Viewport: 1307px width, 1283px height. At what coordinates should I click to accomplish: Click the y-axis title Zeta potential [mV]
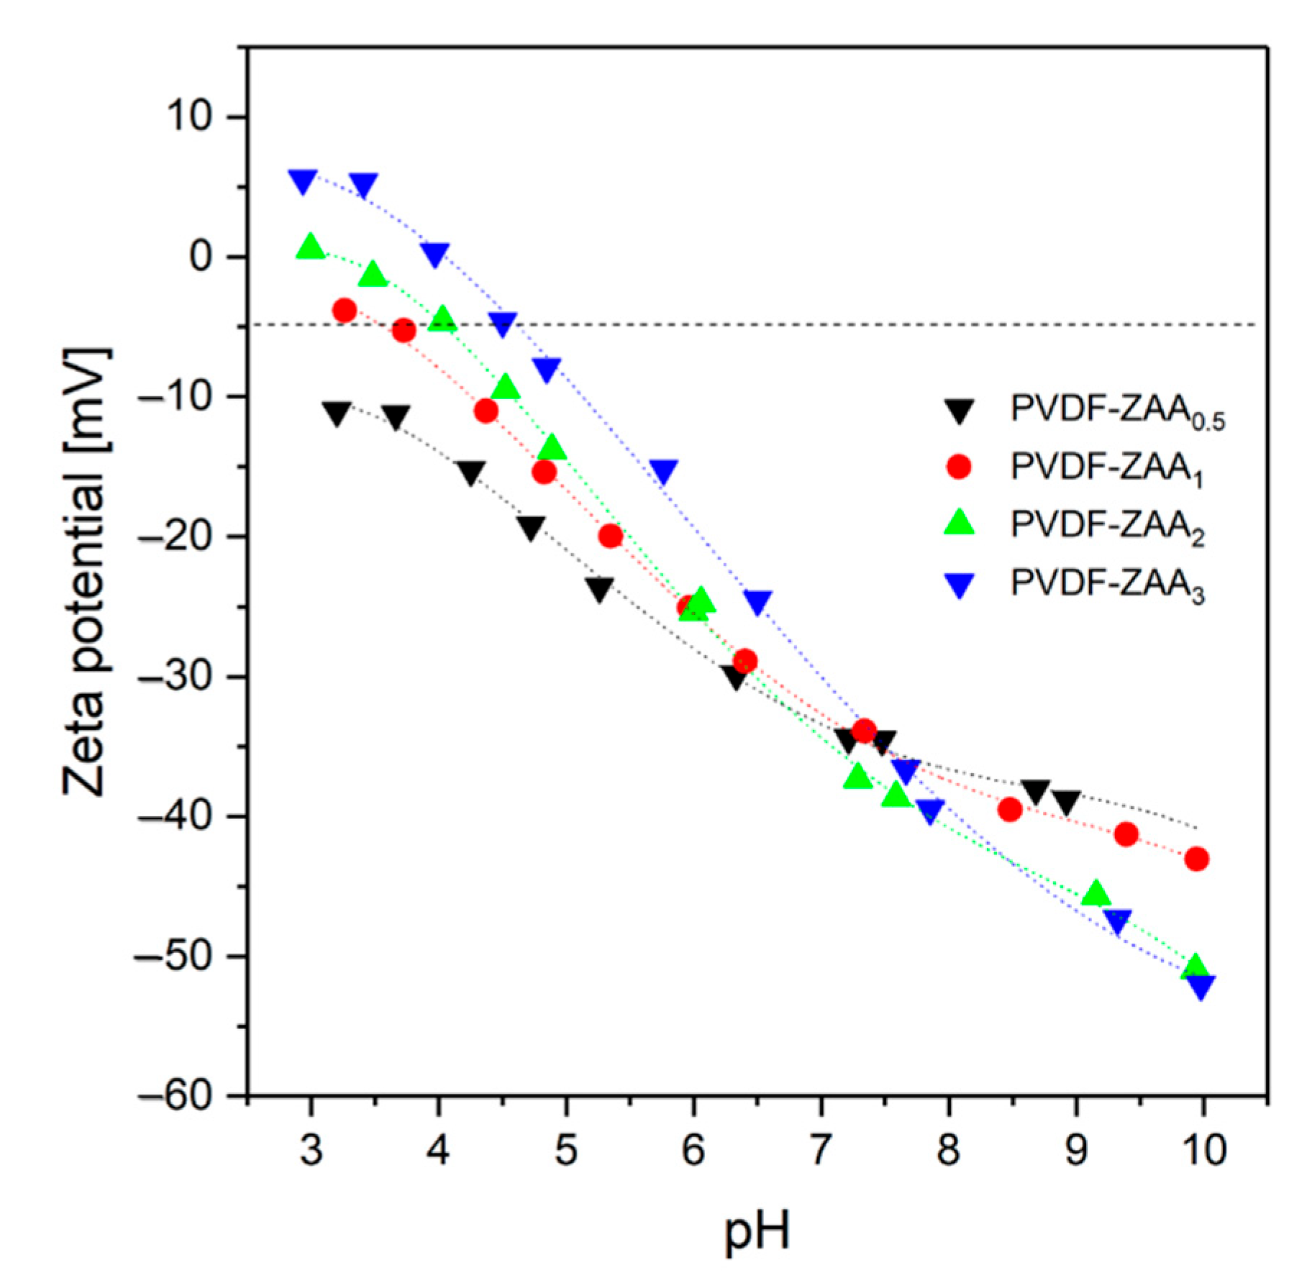pyautogui.click(x=87, y=572)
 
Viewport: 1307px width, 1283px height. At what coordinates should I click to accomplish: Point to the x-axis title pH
pyautogui.click(x=756, y=1231)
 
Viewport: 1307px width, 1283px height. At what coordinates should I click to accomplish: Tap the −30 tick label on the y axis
pyautogui.click(x=176, y=677)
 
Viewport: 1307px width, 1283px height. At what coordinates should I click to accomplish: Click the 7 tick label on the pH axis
pyautogui.click(x=821, y=1151)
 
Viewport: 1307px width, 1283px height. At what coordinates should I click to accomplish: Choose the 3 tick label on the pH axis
pyautogui.click(x=310, y=1151)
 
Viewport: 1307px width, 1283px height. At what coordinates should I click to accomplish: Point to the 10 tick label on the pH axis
pyautogui.click(x=1203, y=1151)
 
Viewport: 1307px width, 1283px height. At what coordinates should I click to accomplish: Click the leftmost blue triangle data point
pyautogui.click(x=302, y=181)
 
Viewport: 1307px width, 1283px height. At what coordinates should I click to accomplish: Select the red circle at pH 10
pyautogui.click(x=1196, y=859)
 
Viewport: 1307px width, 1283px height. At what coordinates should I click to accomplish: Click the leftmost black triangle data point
pyautogui.click(x=337, y=413)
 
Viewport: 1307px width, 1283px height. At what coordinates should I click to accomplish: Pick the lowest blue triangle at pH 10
pyautogui.click(x=1199, y=987)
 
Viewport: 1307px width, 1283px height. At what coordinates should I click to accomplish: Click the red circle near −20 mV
pyautogui.click(x=610, y=536)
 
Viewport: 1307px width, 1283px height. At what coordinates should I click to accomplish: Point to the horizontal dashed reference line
pyautogui.click(x=791, y=325)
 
